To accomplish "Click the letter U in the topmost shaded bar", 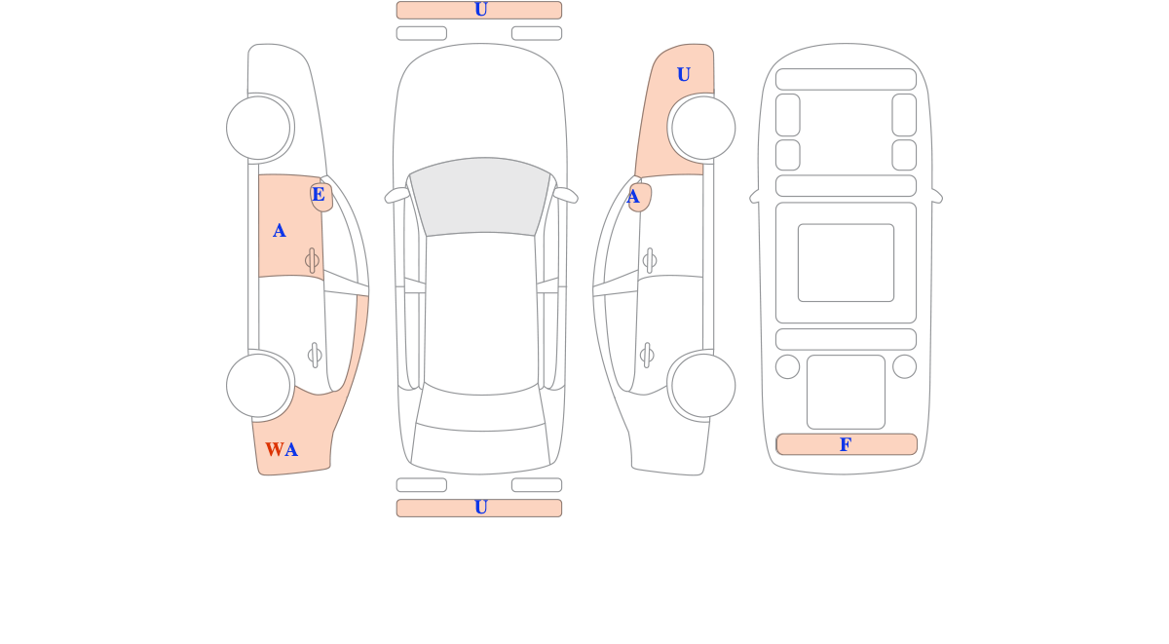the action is click(480, 10).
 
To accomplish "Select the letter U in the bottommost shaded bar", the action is click(480, 508).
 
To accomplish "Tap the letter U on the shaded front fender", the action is click(684, 75).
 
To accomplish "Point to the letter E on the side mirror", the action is click(319, 194).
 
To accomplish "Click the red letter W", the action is click(275, 449).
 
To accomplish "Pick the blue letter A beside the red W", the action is click(291, 449).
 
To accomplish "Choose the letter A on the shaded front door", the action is click(280, 231).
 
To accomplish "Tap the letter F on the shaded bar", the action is click(846, 444).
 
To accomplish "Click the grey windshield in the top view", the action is click(480, 196).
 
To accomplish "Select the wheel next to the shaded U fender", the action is click(703, 128).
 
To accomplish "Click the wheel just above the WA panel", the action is click(258, 386).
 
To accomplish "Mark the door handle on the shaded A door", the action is click(312, 260).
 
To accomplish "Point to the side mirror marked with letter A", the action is click(641, 197).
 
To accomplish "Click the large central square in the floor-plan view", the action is click(846, 262).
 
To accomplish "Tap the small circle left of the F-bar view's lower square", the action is click(787, 367).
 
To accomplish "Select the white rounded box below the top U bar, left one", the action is click(422, 33).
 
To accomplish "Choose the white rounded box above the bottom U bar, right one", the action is click(537, 485).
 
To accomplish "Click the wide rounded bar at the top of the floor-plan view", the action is click(846, 79).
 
